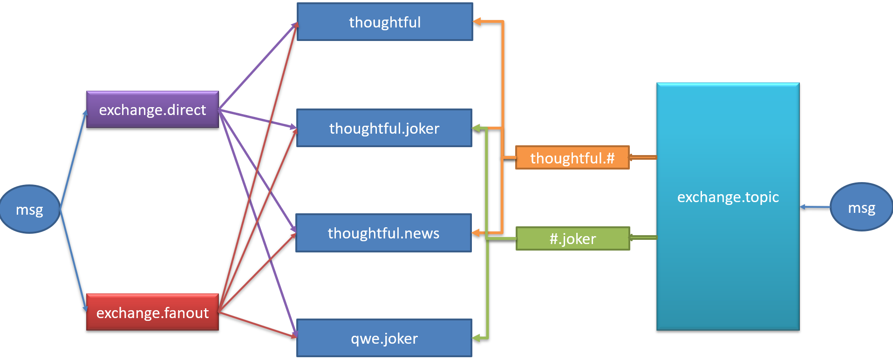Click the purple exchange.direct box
[152, 109]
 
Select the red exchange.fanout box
[152, 312]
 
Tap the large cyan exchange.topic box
[728, 206]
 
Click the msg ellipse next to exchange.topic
[861, 207]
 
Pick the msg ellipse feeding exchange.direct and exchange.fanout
[30, 209]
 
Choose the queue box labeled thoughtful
[385, 22]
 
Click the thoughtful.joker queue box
[384, 128]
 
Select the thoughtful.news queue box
[383, 233]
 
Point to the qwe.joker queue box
[384, 338]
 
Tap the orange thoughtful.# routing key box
[573, 158]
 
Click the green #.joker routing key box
[573, 238]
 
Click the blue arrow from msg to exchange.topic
[815, 207]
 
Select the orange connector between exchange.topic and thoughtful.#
[643, 157]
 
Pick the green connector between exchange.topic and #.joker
[643, 238]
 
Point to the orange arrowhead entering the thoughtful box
[477, 21]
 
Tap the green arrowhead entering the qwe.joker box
[476, 338]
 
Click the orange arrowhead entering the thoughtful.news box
[476, 233]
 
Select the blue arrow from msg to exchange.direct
[73, 158]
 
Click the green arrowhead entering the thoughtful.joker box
[476, 128]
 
